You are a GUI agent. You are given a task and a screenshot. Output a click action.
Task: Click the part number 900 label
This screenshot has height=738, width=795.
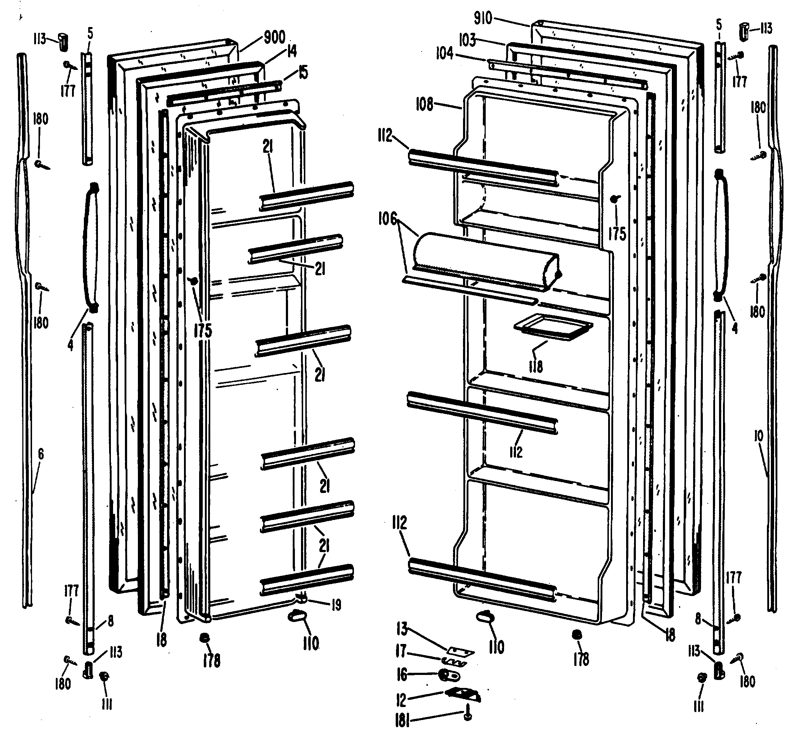click(275, 37)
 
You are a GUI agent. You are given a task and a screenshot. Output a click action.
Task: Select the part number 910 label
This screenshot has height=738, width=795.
click(483, 18)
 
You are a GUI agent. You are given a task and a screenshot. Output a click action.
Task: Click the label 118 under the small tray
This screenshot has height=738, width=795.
click(536, 366)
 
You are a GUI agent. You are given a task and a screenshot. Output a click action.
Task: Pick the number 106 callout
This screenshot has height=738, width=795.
click(388, 218)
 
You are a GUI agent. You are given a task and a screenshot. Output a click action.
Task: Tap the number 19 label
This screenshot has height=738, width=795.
click(336, 605)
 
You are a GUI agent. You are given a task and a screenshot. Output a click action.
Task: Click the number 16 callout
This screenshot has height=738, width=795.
click(401, 675)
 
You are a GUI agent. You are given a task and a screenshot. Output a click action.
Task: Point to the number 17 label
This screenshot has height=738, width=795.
click(401, 652)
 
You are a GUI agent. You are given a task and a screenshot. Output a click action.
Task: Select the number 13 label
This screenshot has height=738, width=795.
click(402, 629)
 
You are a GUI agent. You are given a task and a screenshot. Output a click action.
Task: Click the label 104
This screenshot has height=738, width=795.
click(444, 53)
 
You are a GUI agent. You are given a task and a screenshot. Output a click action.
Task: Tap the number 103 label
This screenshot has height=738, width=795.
click(467, 40)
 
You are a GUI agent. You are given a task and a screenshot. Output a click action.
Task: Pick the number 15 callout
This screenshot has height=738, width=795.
click(303, 73)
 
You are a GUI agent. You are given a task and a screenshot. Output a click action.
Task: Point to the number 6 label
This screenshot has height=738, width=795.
click(41, 454)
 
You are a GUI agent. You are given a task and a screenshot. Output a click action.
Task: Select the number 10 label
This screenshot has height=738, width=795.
click(759, 436)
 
